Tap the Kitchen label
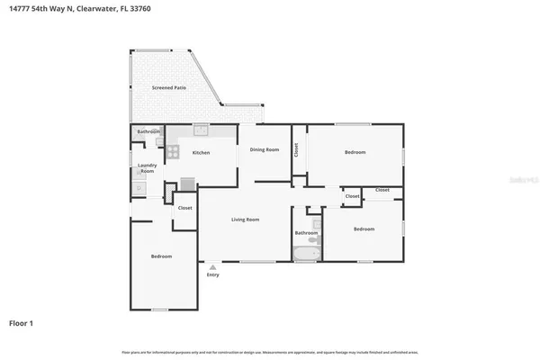(201, 152)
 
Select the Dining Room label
(265, 149)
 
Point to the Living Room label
(245, 220)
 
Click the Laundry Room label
(147, 168)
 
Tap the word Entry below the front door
(212, 275)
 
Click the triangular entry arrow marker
(212, 266)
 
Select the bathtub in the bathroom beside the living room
(306, 254)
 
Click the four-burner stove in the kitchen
(187, 184)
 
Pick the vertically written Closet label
(296, 150)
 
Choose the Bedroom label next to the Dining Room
(355, 152)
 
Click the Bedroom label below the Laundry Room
(161, 256)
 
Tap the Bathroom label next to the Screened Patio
(148, 132)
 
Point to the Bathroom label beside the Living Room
(306, 233)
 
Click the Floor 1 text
(22, 322)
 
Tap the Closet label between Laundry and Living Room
(184, 208)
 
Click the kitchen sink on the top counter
(200, 130)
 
